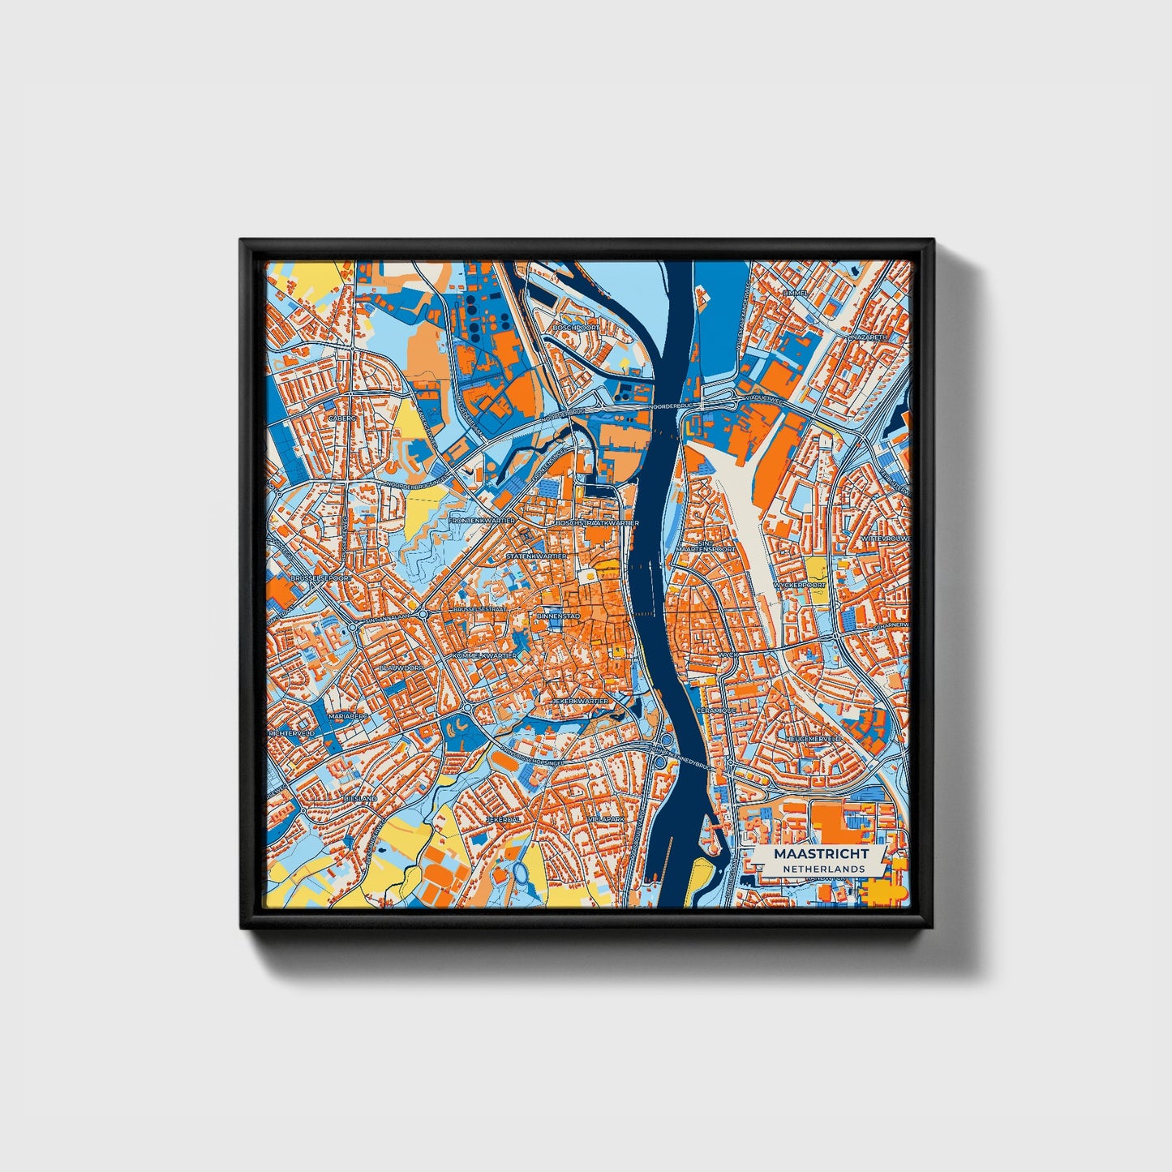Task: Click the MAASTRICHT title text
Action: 820,854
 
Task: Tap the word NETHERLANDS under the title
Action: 820,869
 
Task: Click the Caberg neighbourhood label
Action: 342,418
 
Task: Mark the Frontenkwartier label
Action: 482,520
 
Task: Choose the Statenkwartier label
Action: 536,556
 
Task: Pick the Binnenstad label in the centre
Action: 558,616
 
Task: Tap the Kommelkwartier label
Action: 485,655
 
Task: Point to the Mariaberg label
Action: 349,717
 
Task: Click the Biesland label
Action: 360,798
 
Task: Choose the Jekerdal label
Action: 502,820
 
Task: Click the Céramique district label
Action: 716,710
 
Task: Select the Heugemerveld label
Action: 813,739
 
